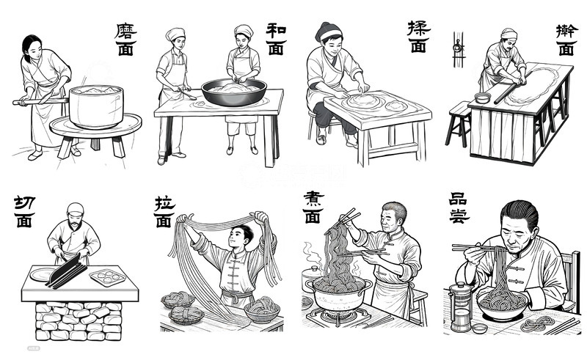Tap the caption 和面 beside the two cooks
(275, 39)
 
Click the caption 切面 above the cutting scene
(24, 210)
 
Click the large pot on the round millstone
(95, 106)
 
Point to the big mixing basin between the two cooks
(233, 92)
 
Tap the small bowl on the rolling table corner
(482, 98)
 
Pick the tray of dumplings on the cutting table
(107, 277)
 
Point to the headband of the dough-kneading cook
(329, 32)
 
